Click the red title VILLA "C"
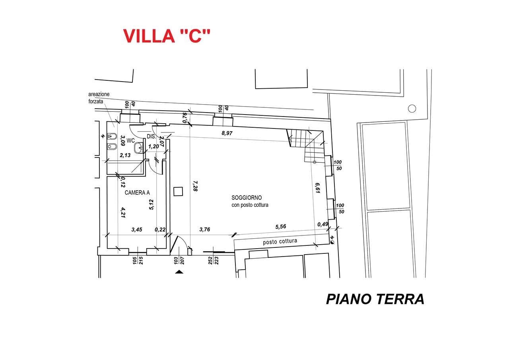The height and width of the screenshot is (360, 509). (166, 36)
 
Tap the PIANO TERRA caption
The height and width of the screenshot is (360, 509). (375, 299)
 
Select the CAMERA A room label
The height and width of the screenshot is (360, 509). (137, 193)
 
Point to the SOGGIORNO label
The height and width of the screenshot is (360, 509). (247, 198)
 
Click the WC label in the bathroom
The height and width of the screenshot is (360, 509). (131, 140)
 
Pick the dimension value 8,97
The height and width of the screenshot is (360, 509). (227, 133)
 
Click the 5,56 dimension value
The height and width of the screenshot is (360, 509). (281, 226)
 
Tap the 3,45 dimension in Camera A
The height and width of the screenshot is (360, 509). (137, 230)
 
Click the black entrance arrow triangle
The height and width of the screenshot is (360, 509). (179, 272)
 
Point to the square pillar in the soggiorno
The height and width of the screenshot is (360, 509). (178, 191)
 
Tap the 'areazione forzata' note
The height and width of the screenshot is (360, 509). (99, 97)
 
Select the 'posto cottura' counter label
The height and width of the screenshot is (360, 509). (280, 241)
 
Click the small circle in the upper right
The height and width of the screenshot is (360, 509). (412, 108)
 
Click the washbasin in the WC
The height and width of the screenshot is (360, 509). (139, 148)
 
